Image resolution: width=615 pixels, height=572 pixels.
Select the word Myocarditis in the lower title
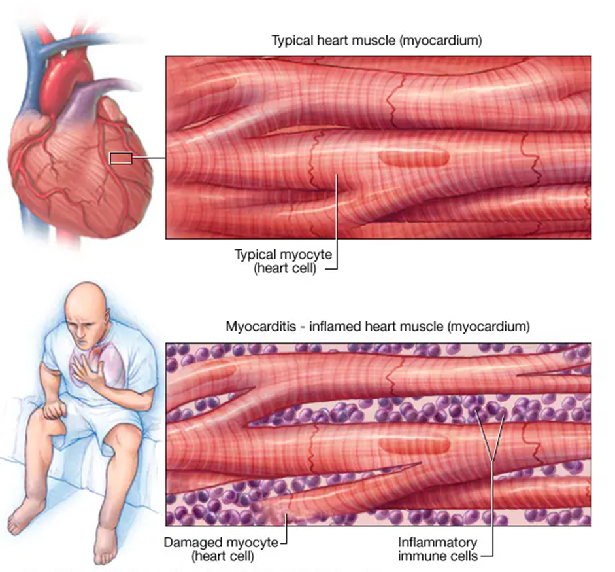point(260,327)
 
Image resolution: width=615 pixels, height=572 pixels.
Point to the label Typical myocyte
point(283,255)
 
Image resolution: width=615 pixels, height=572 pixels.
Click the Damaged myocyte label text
point(221,543)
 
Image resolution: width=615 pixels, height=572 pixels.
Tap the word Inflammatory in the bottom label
point(437,543)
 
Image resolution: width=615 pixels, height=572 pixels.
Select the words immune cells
point(438,556)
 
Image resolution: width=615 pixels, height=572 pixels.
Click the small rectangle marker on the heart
point(121,158)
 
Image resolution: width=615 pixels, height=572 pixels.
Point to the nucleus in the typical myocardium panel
point(414,158)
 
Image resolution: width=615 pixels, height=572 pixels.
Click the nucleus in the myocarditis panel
point(415,445)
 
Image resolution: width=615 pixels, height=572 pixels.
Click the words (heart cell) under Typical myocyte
point(285,269)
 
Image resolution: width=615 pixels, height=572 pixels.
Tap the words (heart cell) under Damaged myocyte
point(223,556)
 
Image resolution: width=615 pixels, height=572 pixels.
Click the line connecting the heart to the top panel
point(149,158)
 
